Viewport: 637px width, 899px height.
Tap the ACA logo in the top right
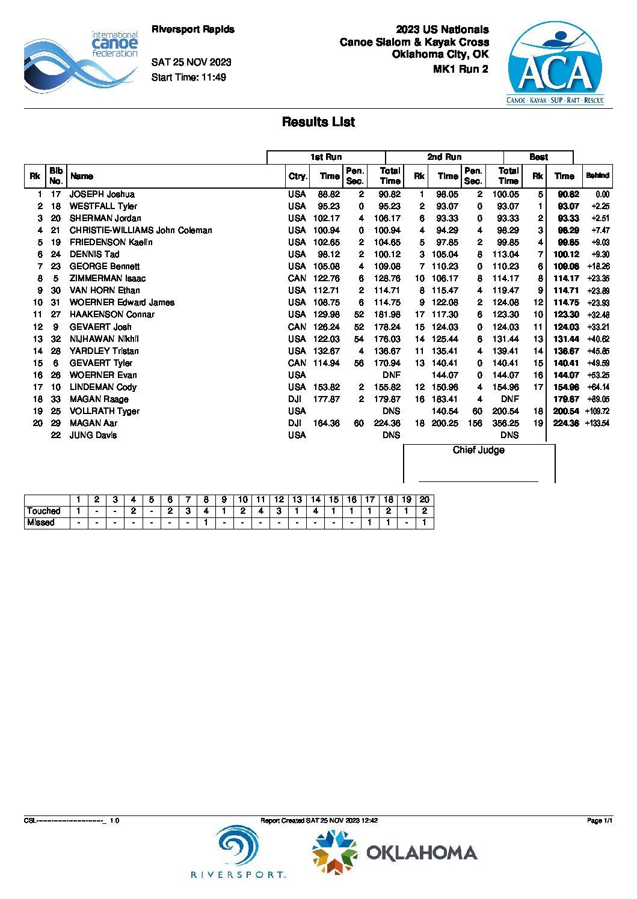click(x=555, y=64)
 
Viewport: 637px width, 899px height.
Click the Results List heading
click(x=318, y=122)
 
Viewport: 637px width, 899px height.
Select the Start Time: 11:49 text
click(x=188, y=77)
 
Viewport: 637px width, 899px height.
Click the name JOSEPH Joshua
click(x=102, y=194)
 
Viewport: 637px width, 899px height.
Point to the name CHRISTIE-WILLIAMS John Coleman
click(x=140, y=230)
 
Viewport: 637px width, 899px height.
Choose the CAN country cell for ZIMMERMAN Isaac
click(x=297, y=278)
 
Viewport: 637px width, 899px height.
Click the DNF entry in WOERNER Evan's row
click(x=391, y=375)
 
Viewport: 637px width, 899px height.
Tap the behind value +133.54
click(x=597, y=423)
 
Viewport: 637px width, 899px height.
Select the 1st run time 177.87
click(x=326, y=399)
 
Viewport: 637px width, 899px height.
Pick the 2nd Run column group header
click(x=444, y=157)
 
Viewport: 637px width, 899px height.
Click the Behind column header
click(x=597, y=175)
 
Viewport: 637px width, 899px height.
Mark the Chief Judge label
click(x=478, y=450)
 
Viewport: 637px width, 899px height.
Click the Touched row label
click(x=43, y=511)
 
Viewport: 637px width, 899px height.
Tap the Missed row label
click(x=40, y=522)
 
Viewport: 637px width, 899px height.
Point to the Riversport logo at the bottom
click(x=238, y=852)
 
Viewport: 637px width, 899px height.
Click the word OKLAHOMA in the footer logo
click(x=422, y=853)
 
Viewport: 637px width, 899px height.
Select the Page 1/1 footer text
click(x=599, y=820)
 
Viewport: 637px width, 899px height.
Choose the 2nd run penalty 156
click(x=475, y=423)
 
